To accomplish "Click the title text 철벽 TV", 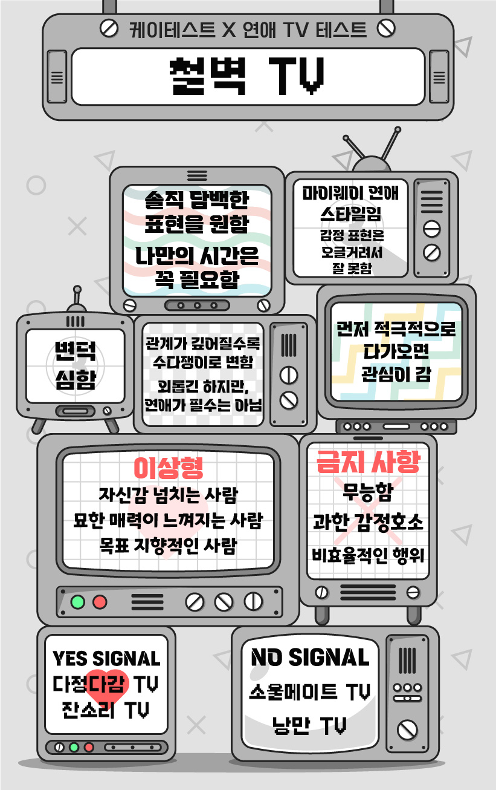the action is pos(248,76).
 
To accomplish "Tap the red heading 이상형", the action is pos(168,467).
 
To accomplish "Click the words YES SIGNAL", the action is pos(106,658).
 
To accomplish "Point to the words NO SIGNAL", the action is pos(310,657).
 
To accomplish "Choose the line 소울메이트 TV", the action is pos(310,691).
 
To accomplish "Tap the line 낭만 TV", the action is pos(309,725).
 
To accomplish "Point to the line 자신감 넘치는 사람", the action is pos(168,494).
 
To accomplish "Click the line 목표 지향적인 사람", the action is pos(168,546).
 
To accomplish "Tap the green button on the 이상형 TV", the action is pos(77,602).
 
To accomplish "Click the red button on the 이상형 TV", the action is pos(99,602).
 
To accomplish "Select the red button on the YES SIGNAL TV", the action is pos(89,747).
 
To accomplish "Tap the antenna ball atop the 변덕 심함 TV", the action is pos(77,290).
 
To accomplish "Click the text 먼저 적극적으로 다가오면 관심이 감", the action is pos(396,351).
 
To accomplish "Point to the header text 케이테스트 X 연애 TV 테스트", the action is pos(248,28).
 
